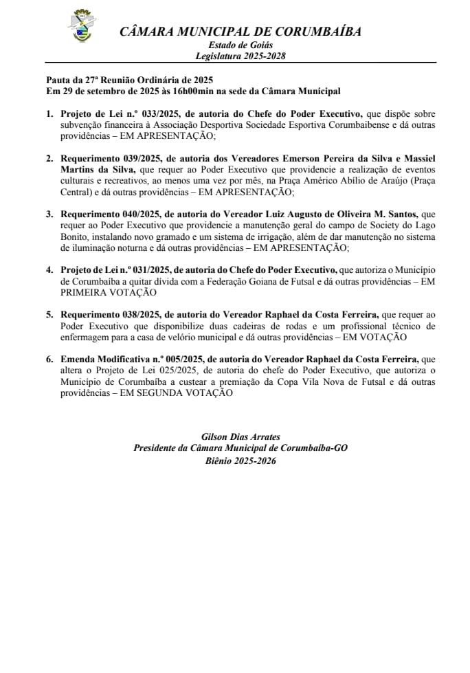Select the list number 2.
[x=49, y=158]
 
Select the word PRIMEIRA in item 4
[x=83, y=292]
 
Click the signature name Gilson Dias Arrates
[x=240, y=437]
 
